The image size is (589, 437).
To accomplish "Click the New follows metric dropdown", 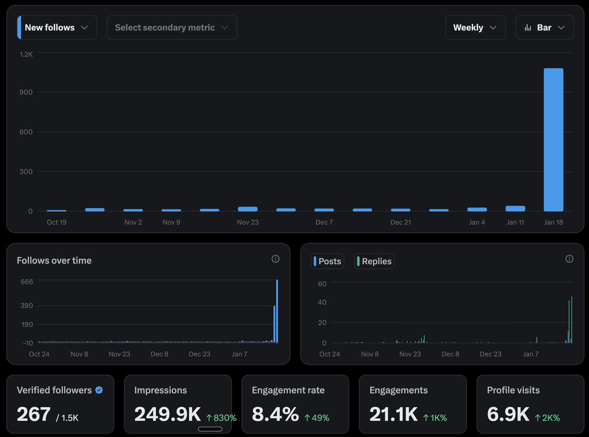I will pos(57,27).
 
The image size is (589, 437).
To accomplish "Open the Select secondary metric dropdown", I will pos(172,27).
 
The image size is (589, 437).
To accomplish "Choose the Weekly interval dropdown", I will pos(475,27).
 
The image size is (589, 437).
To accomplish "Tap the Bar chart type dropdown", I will pos(544,27).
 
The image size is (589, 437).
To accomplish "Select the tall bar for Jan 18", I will pos(553,140).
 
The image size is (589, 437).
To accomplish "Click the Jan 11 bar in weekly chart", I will pos(515,208).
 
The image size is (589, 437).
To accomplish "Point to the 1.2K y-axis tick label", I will pos(26,54).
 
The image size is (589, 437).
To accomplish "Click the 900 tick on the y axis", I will pos(26,92).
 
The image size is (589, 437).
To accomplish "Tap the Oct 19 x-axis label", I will pos(56,222).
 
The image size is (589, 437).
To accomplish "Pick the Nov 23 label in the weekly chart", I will pos(247,222).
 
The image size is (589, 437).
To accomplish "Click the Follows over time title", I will pos(54,260).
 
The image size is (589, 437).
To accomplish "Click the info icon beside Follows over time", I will pos(275,259).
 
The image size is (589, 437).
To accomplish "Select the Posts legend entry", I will pos(327,261).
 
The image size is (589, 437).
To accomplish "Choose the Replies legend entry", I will pos(375,261).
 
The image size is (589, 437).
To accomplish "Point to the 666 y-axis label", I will pos(26,282).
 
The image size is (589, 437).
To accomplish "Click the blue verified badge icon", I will pos(99,390).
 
